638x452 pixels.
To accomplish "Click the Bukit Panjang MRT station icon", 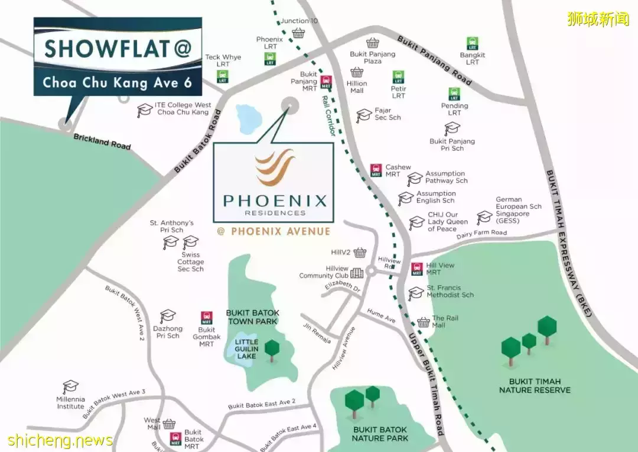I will pyautogui.click(x=326, y=83).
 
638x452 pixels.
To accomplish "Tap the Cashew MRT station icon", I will pyautogui.click(x=376, y=170).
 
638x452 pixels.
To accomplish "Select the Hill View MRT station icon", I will pyautogui.click(x=417, y=269).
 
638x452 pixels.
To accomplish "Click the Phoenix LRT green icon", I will pyautogui.click(x=270, y=58).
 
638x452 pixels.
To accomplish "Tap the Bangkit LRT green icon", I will pyautogui.click(x=472, y=43).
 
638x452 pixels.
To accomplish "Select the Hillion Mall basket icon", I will pyautogui.click(x=357, y=72).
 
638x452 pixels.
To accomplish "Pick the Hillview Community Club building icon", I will pyautogui.click(x=357, y=273).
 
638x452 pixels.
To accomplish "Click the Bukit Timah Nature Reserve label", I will pyautogui.click(x=535, y=386).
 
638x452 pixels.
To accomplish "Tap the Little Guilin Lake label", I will pyautogui.click(x=246, y=349).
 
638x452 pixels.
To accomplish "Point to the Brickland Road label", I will pyautogui.click(x=102, y=141).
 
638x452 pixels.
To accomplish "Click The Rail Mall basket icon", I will pyautogui.click(x=423, y=322).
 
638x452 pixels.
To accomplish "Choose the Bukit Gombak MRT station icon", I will pyautogui.click(x=207, y=318).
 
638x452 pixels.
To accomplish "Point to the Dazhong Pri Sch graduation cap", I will pyautogui.click(x=168, y=316).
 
